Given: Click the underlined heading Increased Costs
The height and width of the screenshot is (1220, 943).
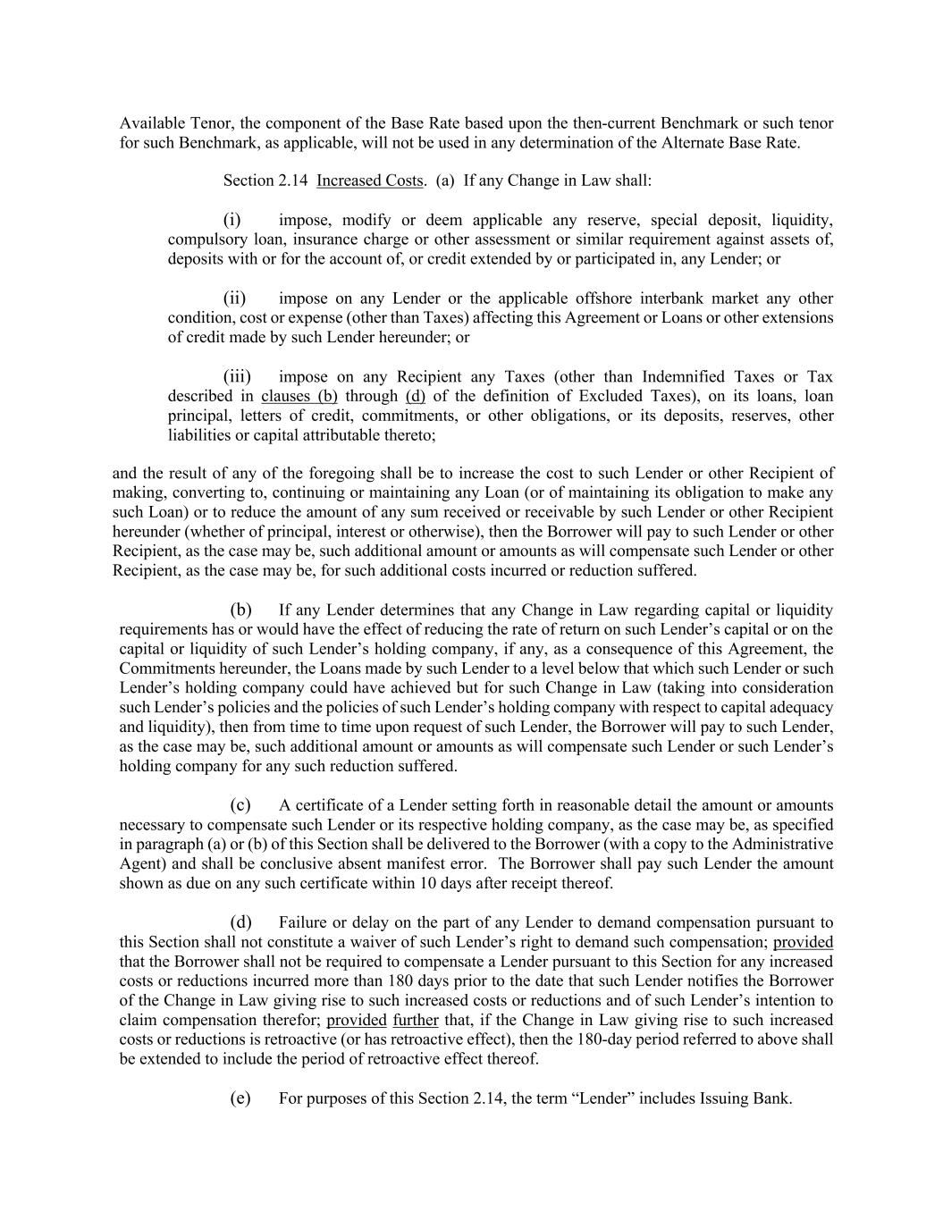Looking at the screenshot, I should pyautogui.click(x=369, y=181).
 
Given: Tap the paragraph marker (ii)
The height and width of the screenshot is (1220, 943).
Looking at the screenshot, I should pyautogui.click(x=234, y=299).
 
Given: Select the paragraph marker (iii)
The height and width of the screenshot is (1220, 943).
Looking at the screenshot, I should pyautogui.click(x=237, y=376).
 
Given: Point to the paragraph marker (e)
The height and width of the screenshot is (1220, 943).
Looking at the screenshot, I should pyautogui.click(x=240, y=1098).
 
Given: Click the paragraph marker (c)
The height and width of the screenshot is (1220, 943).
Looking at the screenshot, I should pyautogui.click(x=240, y=805).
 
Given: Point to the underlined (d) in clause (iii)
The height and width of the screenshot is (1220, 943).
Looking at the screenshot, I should pyautogui.click(x=415, y=396).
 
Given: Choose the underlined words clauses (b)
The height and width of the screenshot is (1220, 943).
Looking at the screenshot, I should pyautogui.click(x=299, y=396).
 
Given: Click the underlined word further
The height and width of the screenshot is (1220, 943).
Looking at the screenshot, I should pyautogui.click(x=416, y=1020).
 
